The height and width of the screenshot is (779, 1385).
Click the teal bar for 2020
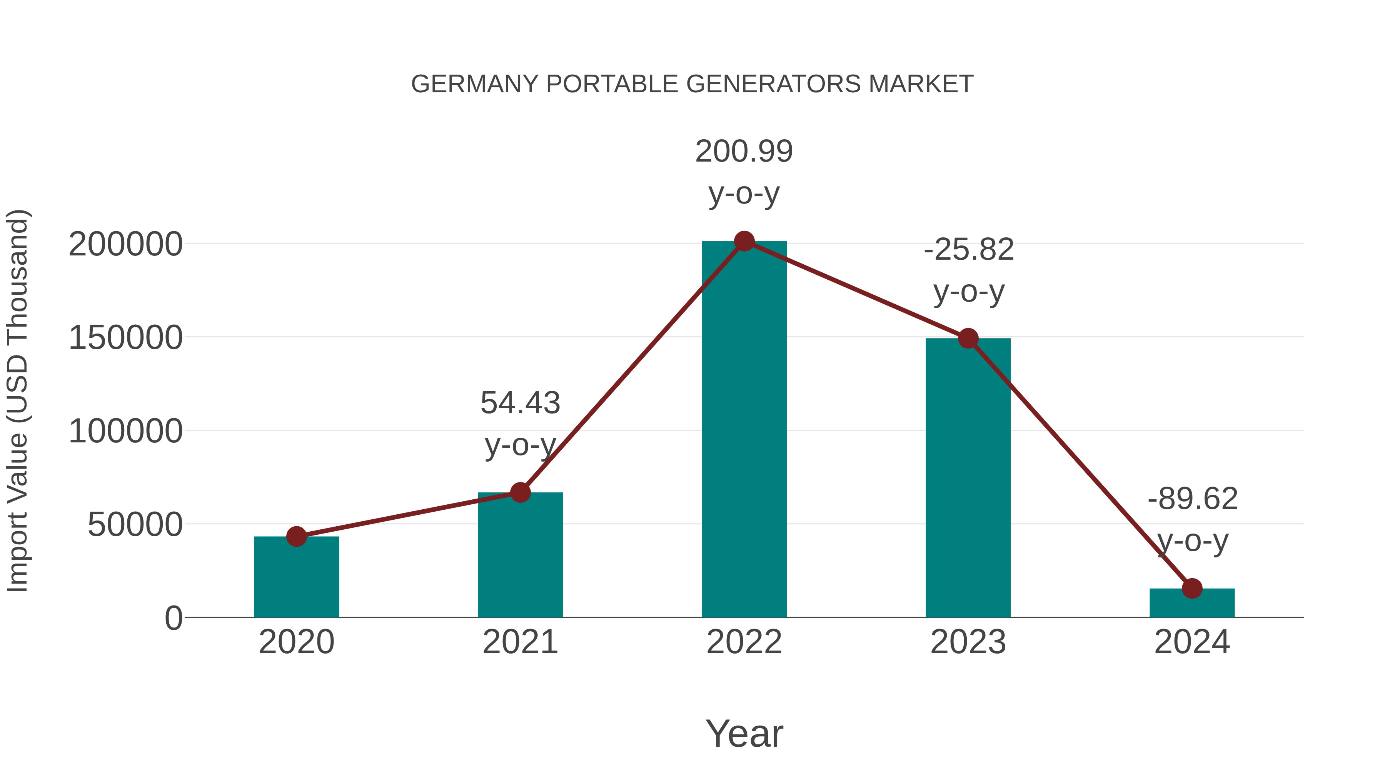tap(296, 578)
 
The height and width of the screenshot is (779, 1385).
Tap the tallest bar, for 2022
tap(744, 430)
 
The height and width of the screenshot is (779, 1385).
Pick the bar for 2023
tap(968, 479)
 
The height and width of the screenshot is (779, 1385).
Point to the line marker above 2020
tap(296, 537)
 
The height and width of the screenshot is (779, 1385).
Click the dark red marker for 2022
tap(744, 241)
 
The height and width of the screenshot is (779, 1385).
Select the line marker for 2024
tap(1192, 589)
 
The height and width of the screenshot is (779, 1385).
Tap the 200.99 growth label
tap(744, 152)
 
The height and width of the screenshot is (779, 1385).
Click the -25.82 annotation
tap(969, 250)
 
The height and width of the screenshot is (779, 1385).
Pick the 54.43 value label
tap(520, 403)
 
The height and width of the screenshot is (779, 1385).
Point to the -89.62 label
tap(1193, 499)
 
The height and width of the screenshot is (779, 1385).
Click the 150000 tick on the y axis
tap(126, 339)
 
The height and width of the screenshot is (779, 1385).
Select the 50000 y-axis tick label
tap(135, 525)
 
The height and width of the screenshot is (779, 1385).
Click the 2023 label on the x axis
tap(968, 642)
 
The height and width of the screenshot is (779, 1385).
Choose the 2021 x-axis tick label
tap(520, 642)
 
